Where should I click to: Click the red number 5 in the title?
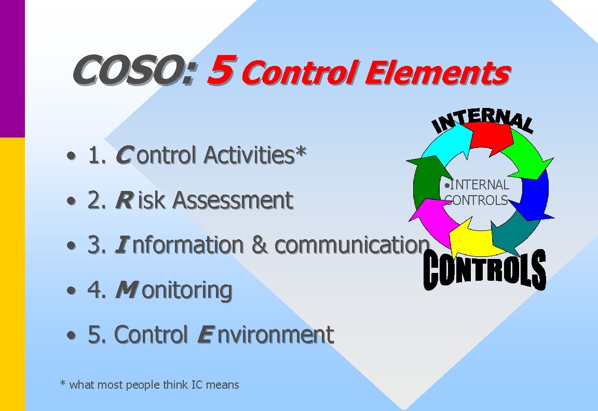tap(218, 71)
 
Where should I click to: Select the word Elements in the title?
tap(436, 73)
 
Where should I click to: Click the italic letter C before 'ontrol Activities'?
tap(123, 155)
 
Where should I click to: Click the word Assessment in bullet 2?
tap(232, 200)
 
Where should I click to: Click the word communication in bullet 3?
tap(352, 245)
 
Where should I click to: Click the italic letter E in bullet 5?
tap(205, 335)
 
